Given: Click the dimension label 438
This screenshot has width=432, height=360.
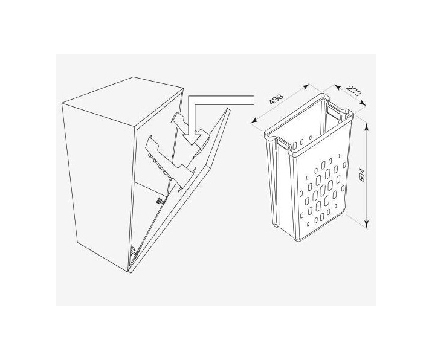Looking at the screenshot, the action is pyautogui.click(x=276, y=100).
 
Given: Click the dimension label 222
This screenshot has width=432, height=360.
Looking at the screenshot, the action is pyautogui.click(x=353, y=91).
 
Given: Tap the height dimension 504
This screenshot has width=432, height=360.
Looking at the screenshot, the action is pyautogui.click(x=363, y=175).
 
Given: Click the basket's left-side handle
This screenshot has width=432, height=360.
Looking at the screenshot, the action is pyautogui.click(x=283, y=144).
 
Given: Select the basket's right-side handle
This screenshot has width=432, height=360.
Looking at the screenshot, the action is pyautogui.click(x=334, y=111).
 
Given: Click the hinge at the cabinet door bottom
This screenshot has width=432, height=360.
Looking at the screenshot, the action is pyautogui.click(x=135, y=251).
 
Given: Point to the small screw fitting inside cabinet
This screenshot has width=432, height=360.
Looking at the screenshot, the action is pyautogui.click(x=159, y=201).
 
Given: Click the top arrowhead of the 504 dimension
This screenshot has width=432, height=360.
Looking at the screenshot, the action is pyautogui.click(x=366, y=126).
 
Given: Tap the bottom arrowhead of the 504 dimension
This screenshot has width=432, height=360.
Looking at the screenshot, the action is pyautogui.click(x=366, y=223).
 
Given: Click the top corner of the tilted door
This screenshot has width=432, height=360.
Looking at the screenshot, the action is pyautogui.click(x=228, y=109).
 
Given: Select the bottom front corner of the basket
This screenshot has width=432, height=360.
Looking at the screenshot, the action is pyautogui.click(x=296, y=240).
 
